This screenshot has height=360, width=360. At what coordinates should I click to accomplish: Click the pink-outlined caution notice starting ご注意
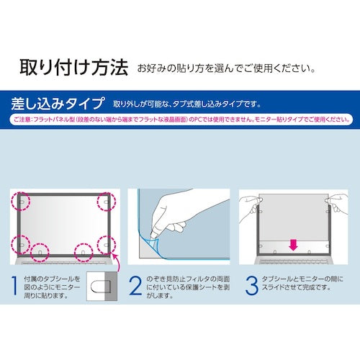tap(180, 118)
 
